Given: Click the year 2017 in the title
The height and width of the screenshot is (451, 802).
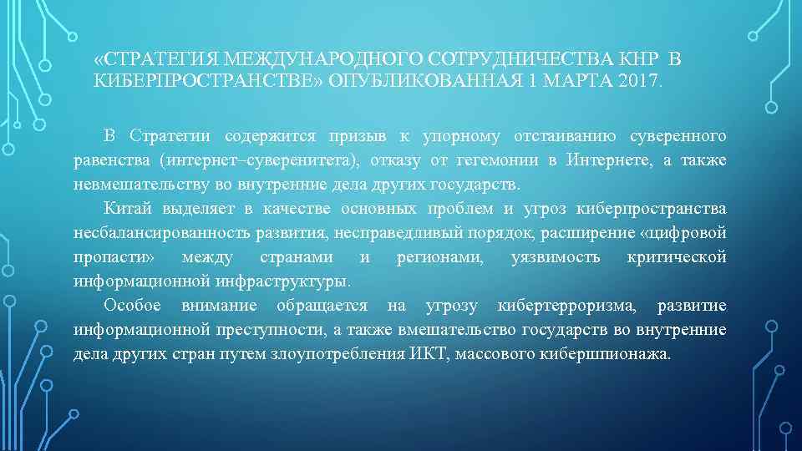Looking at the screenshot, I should [639, 82].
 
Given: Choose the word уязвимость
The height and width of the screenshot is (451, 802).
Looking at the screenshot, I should [555, 257].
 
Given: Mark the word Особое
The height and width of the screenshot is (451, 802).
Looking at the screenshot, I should [132, 306].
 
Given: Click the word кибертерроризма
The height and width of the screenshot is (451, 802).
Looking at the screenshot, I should [566, 306].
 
